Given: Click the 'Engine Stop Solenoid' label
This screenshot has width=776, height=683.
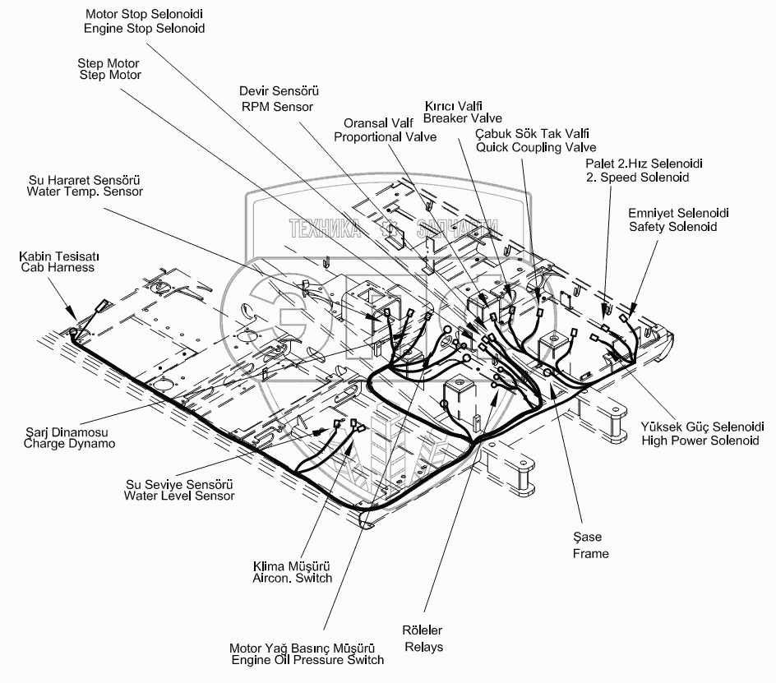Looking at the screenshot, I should [x=144, y=28].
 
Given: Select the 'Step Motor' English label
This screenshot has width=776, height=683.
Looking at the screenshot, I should [x=109, y=76].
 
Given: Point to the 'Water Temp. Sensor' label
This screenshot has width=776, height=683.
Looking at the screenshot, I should [x=85, y=192].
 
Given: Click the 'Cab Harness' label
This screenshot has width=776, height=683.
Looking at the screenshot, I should [x=58, y=267].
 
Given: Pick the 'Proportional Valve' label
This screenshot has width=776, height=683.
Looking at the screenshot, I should [x=385, y=136].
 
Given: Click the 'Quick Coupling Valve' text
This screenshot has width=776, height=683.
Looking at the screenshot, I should [x=536, y=147].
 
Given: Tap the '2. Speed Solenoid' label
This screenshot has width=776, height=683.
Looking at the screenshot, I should [x=637, y=177].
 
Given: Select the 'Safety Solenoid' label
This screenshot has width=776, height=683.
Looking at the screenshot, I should [x=672, y=226].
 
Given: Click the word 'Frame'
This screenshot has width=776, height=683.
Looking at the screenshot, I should [x=590, y=553].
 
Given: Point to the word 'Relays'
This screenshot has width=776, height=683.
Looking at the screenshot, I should [x=423, y=647].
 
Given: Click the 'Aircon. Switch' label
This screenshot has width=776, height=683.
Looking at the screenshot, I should [x=292, y=578].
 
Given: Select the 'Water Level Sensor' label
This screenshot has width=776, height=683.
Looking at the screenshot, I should [x=179, y=496].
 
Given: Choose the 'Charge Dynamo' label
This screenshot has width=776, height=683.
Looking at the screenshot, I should [x=69, y=443].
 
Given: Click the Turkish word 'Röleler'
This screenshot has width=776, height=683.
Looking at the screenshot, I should [x=422, y=630].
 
